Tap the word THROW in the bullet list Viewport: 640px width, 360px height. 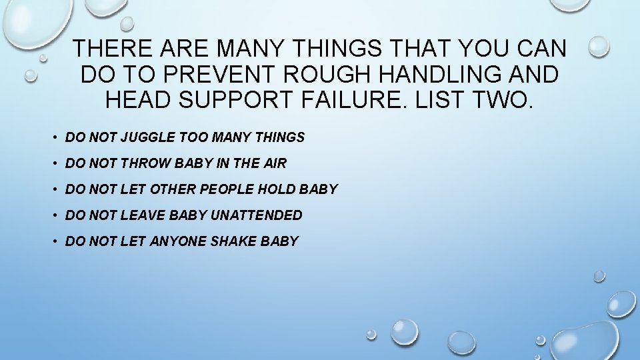click(x=142, y=163)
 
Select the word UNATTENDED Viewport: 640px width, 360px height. click(x=257, y=215)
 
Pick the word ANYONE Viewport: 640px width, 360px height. click(x=179, y=241)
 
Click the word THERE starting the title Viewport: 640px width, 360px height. click(x=110, y=48)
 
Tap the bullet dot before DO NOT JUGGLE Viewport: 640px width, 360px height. click(x=53, y=138)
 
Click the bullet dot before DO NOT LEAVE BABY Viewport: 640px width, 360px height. click(x=53, y=216)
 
